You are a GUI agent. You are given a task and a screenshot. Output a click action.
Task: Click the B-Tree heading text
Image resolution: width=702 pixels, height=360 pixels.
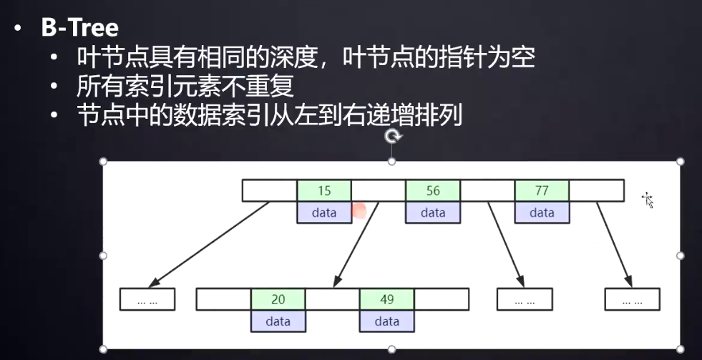79,28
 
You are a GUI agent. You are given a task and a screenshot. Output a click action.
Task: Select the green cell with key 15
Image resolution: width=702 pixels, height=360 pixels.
324,191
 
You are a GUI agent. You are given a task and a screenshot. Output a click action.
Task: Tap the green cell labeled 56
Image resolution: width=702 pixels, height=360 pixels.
433,191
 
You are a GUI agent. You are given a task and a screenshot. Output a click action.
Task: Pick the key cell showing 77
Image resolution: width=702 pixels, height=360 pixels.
542,191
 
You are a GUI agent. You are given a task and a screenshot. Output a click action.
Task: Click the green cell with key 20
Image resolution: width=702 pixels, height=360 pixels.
278,299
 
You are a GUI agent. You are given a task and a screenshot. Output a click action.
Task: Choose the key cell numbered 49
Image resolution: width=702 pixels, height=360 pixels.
386,299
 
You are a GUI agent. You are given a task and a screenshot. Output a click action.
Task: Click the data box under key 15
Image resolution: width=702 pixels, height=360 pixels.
324,213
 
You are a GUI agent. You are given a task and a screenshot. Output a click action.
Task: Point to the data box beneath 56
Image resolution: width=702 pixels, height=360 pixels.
433,213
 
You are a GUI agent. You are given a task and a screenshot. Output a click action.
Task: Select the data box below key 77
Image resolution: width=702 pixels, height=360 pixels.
542,213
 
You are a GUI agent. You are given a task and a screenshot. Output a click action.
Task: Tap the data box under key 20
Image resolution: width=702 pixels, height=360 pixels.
278,321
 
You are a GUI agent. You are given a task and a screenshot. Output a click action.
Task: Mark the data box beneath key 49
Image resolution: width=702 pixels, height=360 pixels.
386,321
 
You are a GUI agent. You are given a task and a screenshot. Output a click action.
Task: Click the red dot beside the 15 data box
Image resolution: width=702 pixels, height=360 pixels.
359,210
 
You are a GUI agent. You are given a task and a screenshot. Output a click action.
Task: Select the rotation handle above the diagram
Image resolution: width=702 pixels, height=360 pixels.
392,136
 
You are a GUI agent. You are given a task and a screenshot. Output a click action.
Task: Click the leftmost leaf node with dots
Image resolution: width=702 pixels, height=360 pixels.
147,300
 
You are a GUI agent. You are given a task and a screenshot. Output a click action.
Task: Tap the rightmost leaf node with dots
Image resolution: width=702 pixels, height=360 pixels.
632,300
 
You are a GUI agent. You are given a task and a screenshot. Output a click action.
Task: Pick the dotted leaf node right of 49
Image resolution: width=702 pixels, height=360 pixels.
524,300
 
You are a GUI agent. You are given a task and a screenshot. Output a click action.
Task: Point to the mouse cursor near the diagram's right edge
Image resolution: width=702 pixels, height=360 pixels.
648,200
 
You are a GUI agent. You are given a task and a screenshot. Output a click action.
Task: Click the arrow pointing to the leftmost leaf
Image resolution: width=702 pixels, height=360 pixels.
211,243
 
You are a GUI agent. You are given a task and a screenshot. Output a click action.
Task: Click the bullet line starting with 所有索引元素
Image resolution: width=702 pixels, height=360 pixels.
185,86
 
